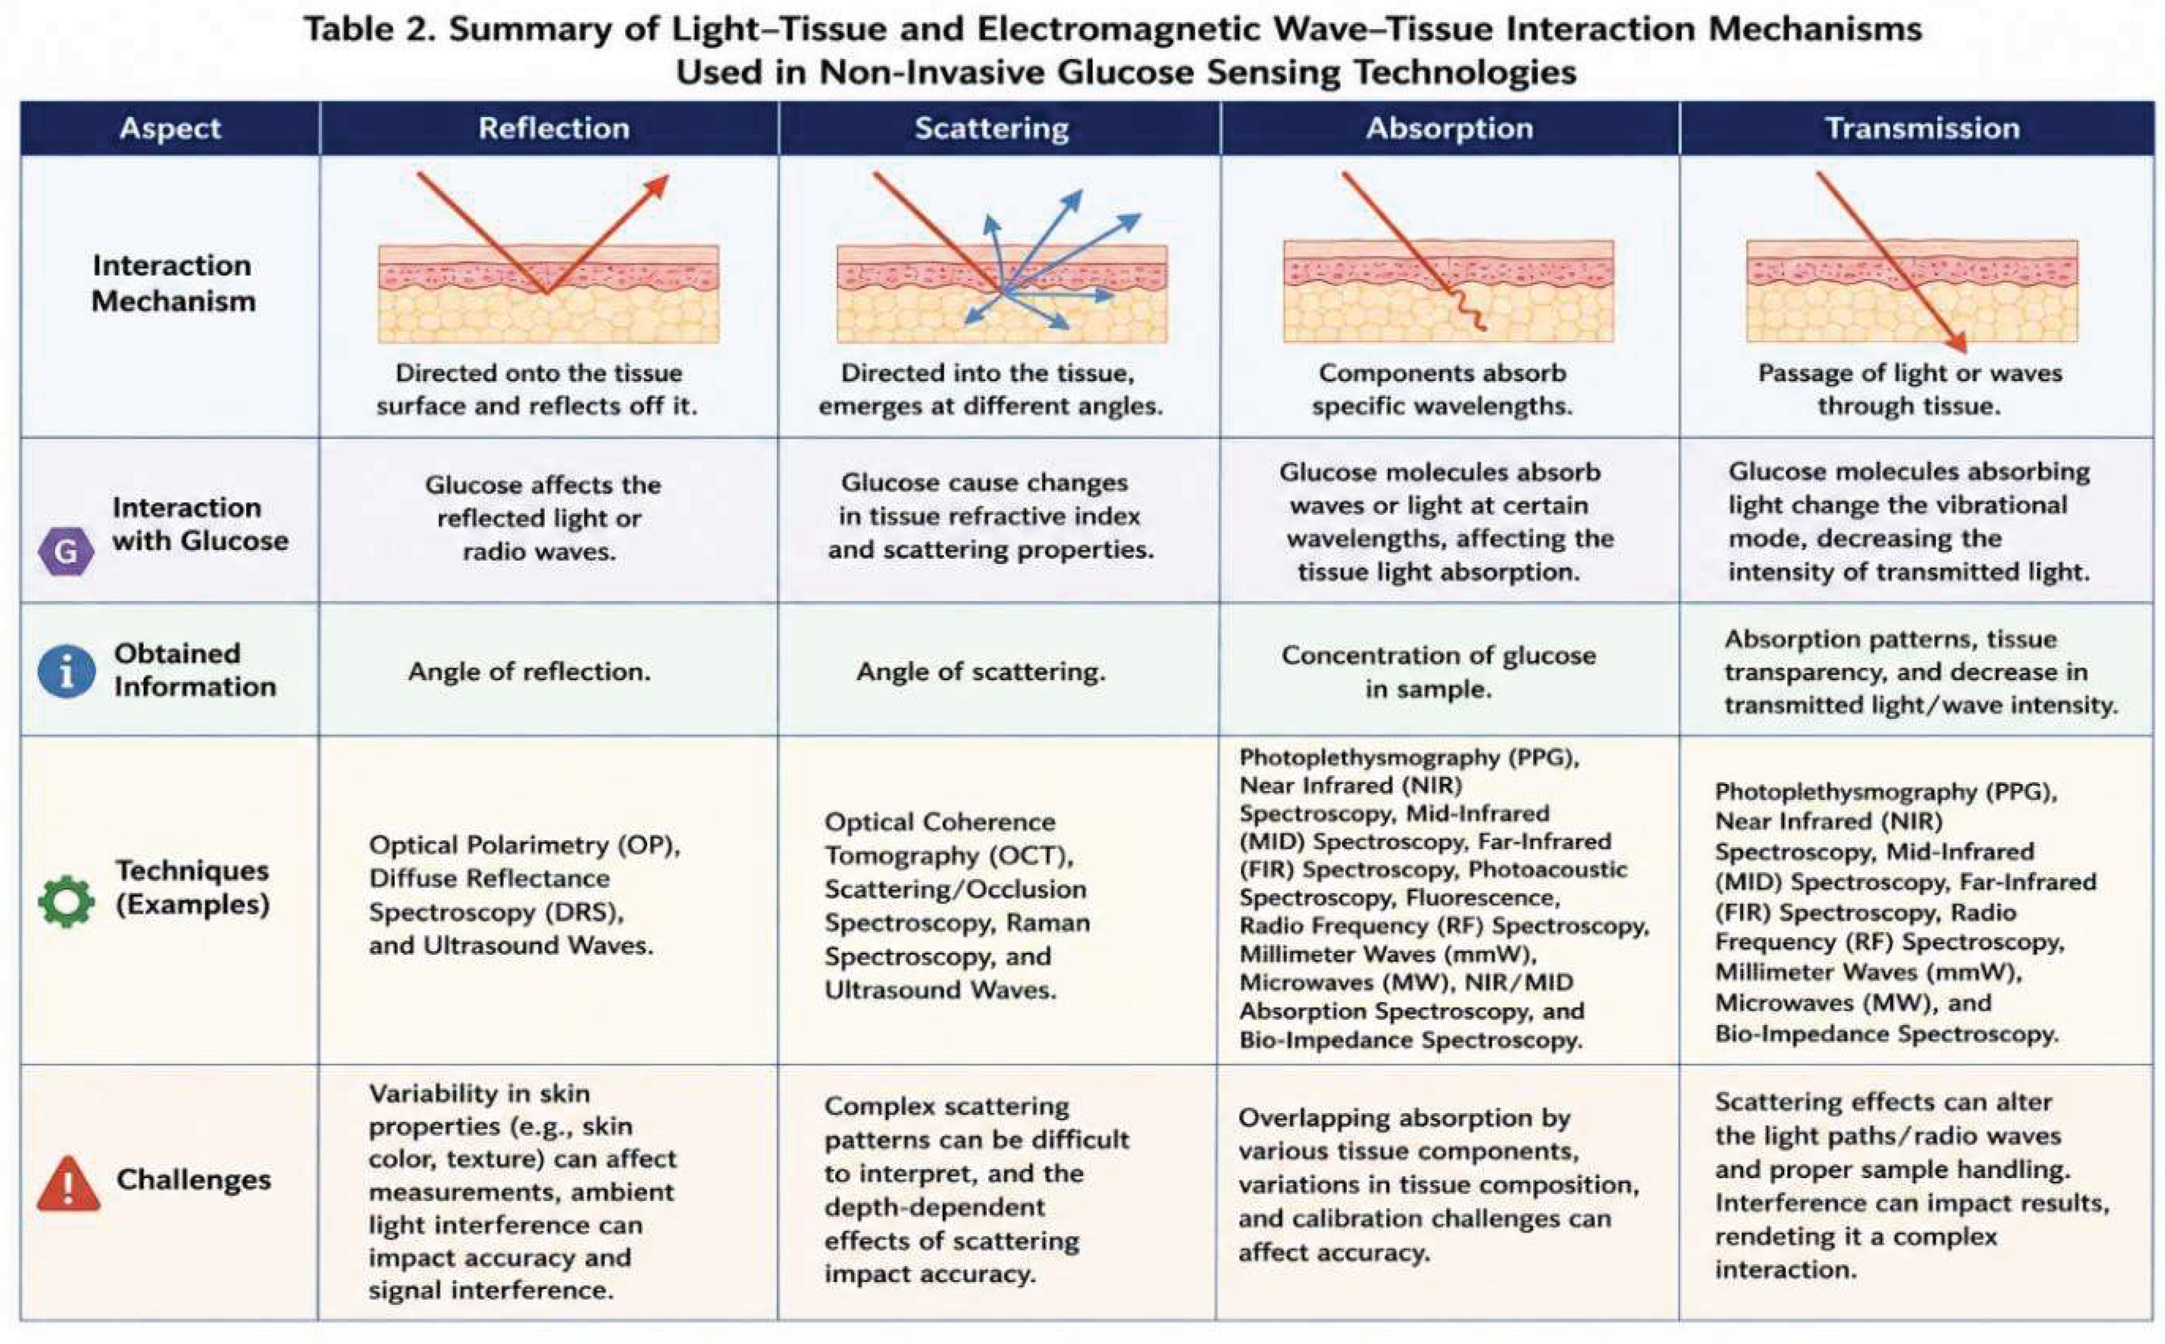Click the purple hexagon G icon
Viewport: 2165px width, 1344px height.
(66, 551)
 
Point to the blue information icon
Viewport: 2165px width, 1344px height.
(66, 671)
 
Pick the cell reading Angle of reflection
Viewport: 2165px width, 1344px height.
(530, 672)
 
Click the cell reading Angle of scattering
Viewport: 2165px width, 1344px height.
(981, 672)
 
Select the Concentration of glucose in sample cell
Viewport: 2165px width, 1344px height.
(1438, 672)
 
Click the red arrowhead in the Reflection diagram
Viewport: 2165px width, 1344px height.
(657, 186)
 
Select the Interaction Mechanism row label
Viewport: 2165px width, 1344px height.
(173, 283)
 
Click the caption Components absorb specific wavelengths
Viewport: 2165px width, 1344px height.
(1442, 389)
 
